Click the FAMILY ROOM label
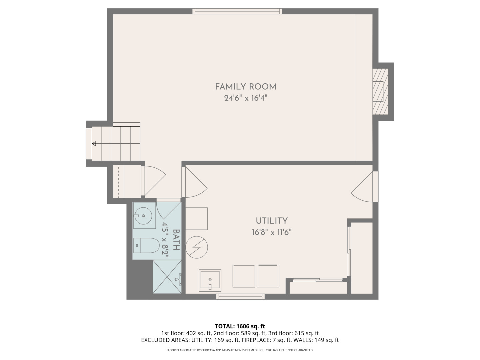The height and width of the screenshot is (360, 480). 246,87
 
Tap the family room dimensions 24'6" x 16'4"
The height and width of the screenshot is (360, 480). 246,98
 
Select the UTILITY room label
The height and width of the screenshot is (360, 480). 272,221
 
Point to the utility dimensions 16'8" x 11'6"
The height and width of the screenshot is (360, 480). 272,232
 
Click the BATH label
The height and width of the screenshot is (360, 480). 176,240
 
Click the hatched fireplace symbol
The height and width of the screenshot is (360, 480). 380,91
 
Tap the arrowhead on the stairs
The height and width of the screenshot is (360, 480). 94,144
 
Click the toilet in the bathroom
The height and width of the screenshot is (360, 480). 146,245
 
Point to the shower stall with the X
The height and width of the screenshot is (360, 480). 167,277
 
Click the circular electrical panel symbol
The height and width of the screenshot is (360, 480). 197,247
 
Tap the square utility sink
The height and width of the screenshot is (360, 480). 210,280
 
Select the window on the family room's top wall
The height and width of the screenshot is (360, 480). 237,11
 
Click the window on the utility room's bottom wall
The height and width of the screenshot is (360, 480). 241,297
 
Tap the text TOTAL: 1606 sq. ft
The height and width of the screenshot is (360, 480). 240,326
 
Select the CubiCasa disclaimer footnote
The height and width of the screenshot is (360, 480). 240,350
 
